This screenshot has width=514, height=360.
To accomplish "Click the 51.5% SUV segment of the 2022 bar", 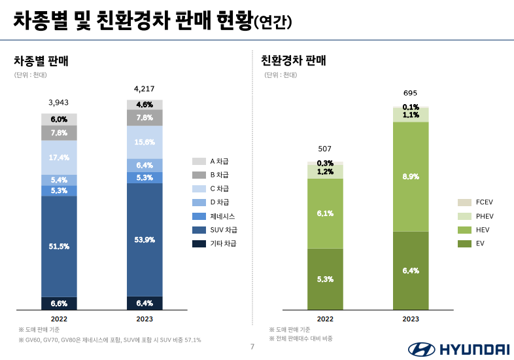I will pos(59,246).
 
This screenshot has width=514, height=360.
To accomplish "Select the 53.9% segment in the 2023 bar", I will pos(145,240).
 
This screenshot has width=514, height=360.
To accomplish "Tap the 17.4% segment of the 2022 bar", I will pos(59,158).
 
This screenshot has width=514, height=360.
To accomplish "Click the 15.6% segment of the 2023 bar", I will pos(145,142).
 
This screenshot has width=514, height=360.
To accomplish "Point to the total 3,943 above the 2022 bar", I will pos(59,102).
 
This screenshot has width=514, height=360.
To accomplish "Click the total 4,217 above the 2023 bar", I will pos(145,88).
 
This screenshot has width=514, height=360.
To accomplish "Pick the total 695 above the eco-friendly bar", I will pos(410,93).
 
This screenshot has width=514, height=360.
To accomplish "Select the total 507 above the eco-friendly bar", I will pos(325,149).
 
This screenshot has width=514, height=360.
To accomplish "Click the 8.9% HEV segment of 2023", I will pos(411,177).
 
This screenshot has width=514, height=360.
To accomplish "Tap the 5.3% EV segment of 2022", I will pos(325,279).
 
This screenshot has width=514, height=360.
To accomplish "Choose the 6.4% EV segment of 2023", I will pos(411,270).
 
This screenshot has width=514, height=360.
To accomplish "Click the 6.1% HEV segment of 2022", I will pos(325,213).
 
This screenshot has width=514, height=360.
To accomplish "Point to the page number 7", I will pos(252,347).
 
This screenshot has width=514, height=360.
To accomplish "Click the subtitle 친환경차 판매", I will pos(294,61).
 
